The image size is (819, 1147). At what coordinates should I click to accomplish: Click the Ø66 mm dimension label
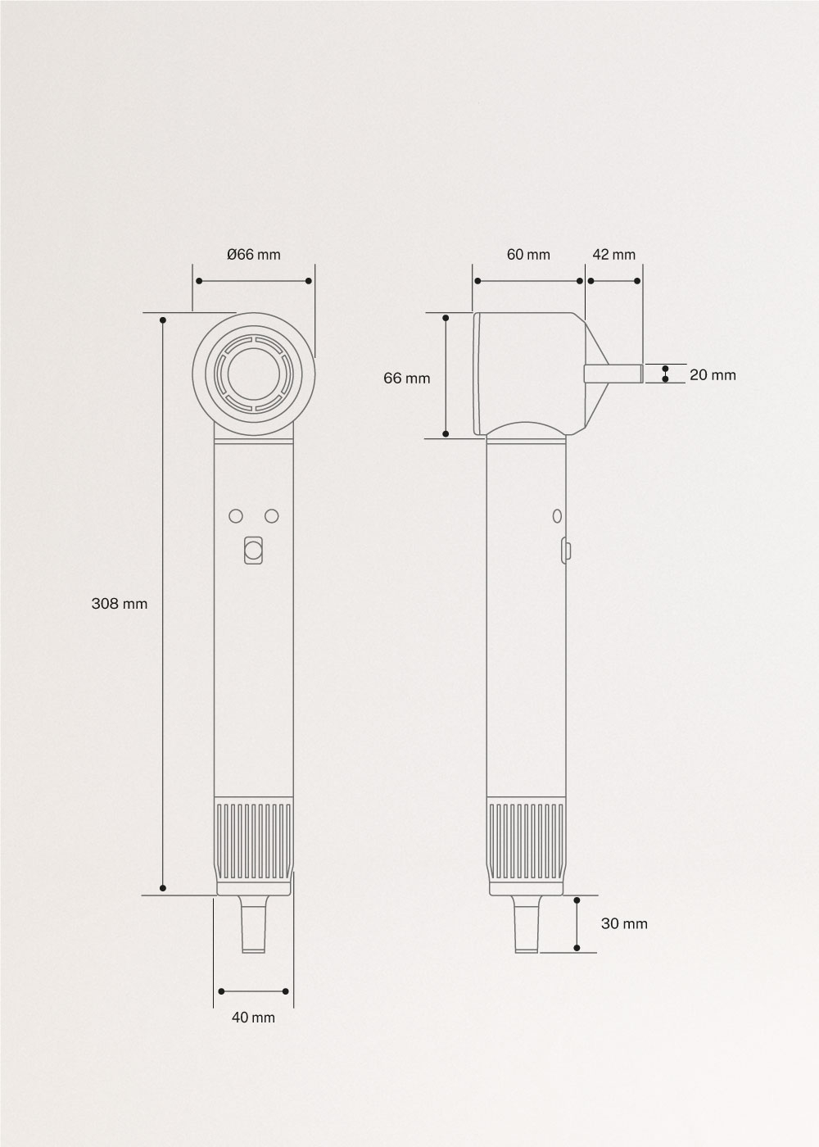[x=254, y=255]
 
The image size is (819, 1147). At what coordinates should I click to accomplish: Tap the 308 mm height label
[x=120, y=604]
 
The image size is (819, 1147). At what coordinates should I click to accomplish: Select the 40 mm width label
[x=253, y=1018]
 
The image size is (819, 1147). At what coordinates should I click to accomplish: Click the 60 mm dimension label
[x=528, y=255]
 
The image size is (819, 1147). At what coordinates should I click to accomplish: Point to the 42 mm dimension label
[x=613, y=255]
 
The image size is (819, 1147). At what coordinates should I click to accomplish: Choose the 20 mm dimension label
[x=713, y=375]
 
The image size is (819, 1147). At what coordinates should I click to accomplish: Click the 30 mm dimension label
[x=624, y=923]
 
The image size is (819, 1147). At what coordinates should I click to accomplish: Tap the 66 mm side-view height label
[x=406, y=378]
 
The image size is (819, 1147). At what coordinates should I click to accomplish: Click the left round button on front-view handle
[x=236, y=516]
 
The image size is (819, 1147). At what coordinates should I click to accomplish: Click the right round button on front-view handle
[x=272, y=516]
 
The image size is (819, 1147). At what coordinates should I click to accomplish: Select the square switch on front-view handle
[x=254, y=551]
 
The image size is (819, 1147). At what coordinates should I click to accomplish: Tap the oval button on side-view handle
[x=557, y=516]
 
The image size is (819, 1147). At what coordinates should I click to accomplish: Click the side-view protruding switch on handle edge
[x=565, y=550]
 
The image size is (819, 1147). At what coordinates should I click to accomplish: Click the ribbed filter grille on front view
[x=254, y=841]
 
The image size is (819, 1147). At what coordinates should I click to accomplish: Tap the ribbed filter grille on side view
[x=526, y=841]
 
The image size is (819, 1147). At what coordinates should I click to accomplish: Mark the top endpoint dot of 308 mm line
[x=163, y=320]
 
